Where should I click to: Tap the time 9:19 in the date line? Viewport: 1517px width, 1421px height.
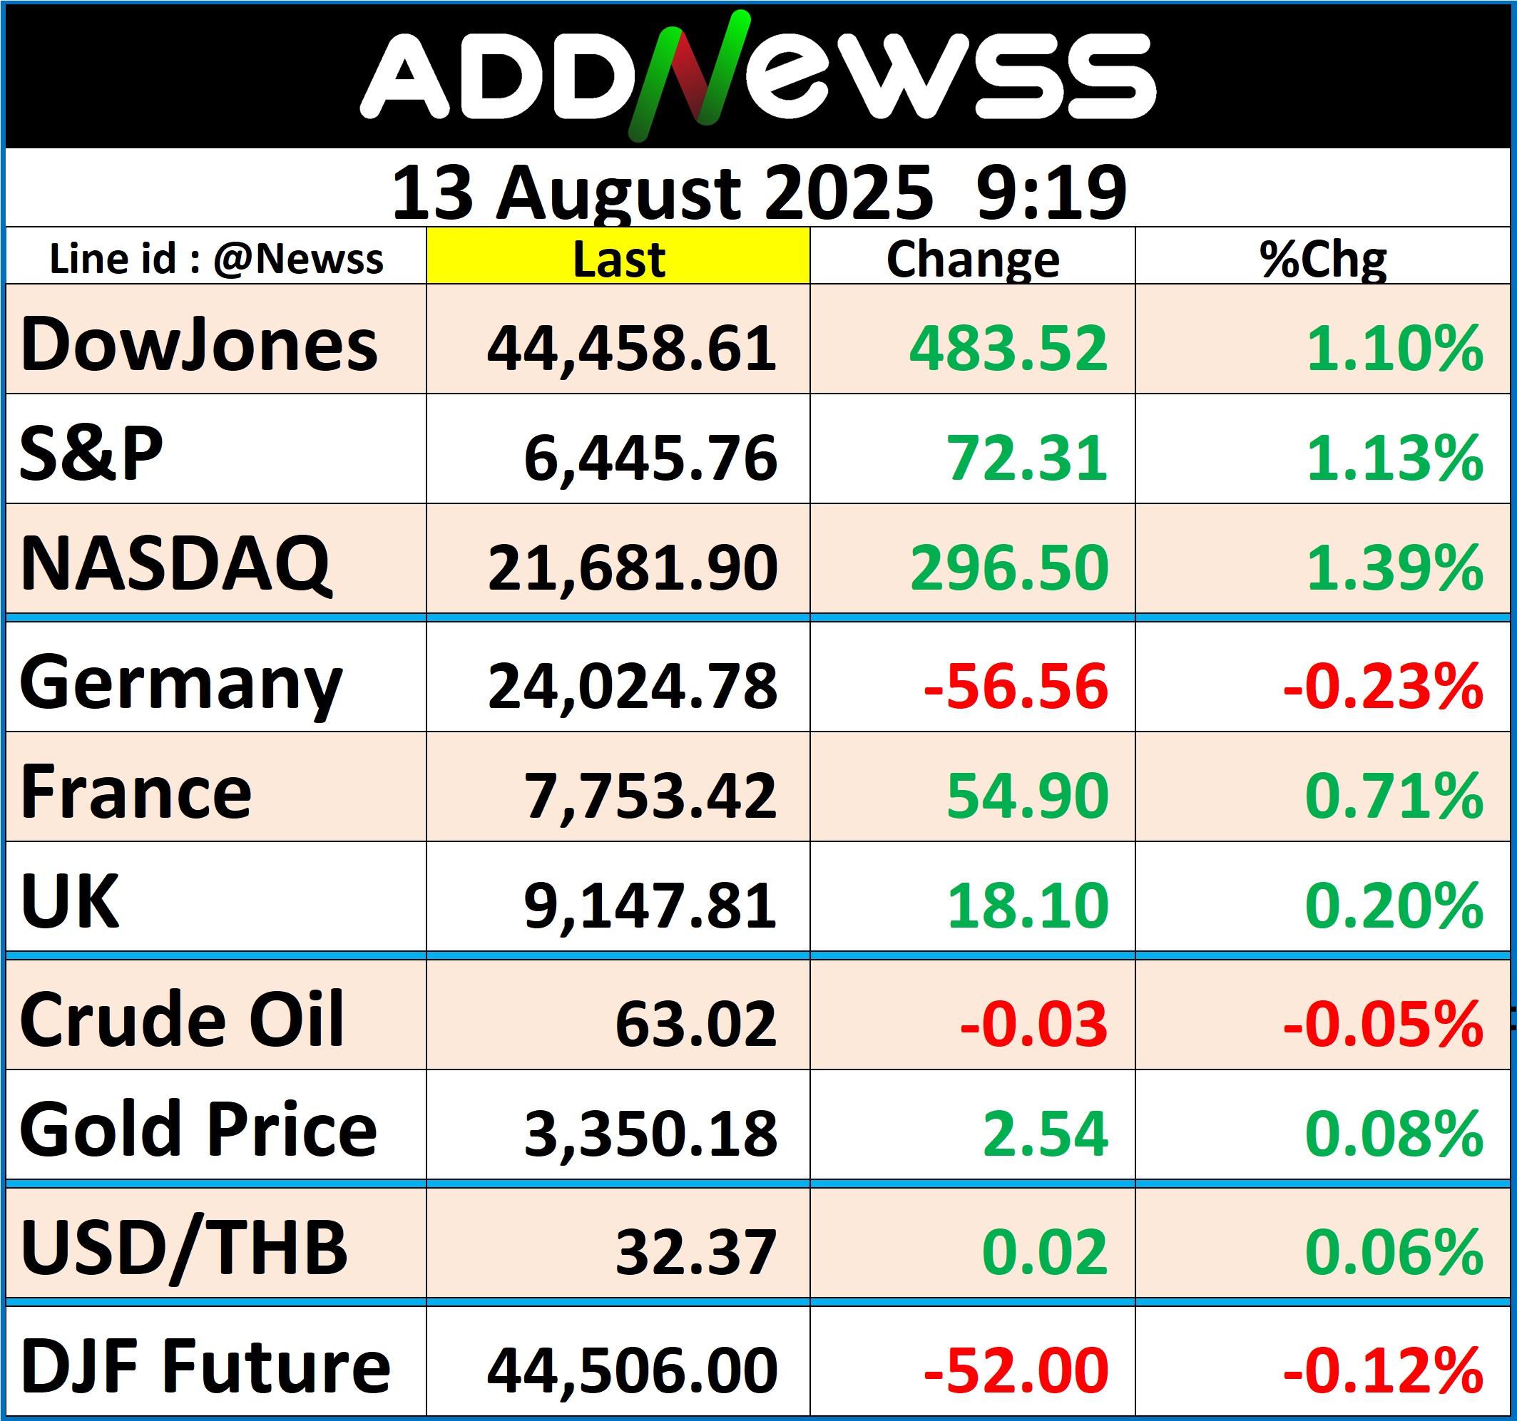tap(1051, 193)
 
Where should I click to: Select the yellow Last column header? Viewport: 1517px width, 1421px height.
tap(618, 259)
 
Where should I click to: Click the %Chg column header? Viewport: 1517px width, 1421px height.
tap(1322, 259)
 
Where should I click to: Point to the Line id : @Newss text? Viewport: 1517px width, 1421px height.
tap(216, 259)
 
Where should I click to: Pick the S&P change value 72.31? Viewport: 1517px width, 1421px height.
tap(1026, 458)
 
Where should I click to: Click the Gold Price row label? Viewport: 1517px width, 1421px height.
tap(198, 1129)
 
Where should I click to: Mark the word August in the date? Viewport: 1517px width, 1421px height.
tap(618, 193)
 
